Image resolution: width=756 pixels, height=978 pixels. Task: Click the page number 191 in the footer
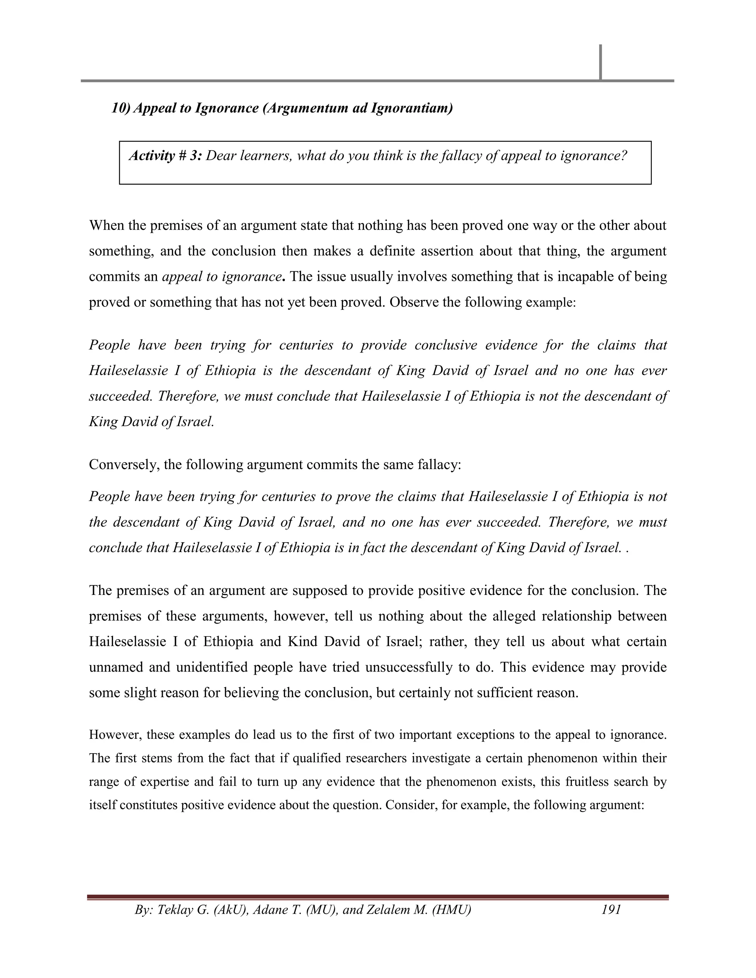click(611, 909)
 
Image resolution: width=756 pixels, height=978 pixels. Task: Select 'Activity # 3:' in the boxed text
click(166, 156)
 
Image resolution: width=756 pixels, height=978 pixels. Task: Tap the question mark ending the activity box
click(623, 156)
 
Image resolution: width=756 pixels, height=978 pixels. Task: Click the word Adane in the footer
click(269, 909)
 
